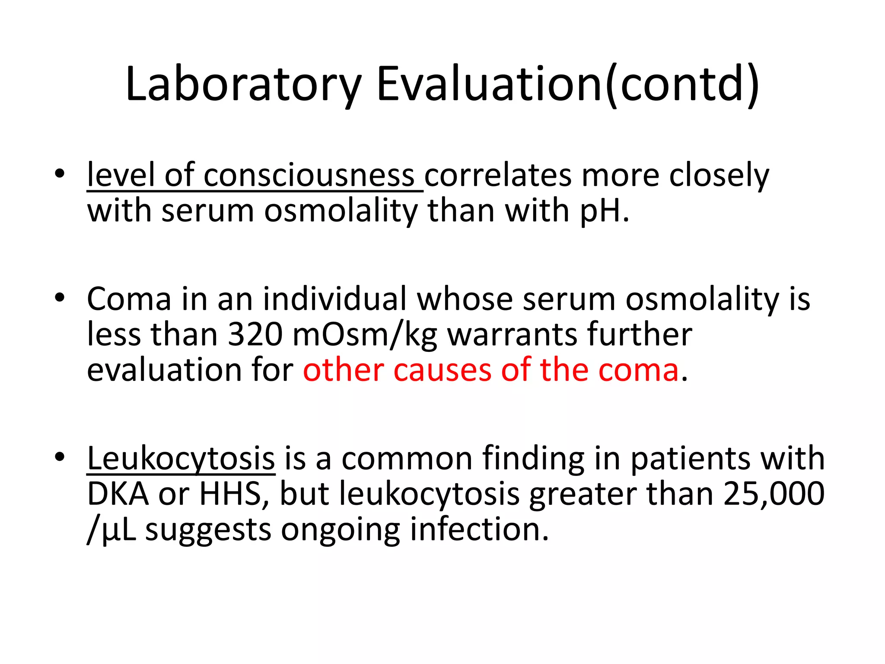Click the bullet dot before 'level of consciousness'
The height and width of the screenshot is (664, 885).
point(60,174)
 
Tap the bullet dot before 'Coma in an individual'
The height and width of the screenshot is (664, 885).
point(60,297)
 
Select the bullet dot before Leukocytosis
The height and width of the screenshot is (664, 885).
point(60,456)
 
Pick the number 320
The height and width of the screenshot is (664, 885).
point(255,335)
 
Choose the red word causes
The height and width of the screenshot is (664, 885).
point(442,371)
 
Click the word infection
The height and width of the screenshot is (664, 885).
point(479,530)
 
